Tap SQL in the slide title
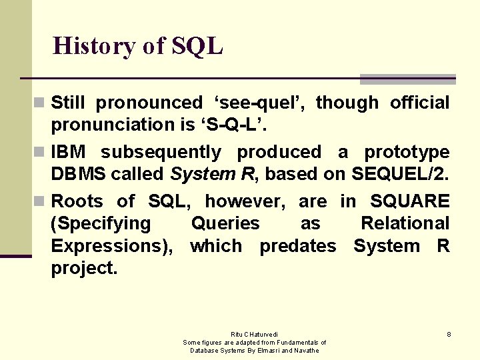[197, 46]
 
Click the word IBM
[69, 152]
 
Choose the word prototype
[407, 152]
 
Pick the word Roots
[77, 201]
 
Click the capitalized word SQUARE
[410, 201]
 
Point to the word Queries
[225, 223]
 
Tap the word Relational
[405, 223]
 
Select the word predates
[298, 246]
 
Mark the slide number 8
[449, 334]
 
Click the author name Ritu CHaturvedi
[255, 334]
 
